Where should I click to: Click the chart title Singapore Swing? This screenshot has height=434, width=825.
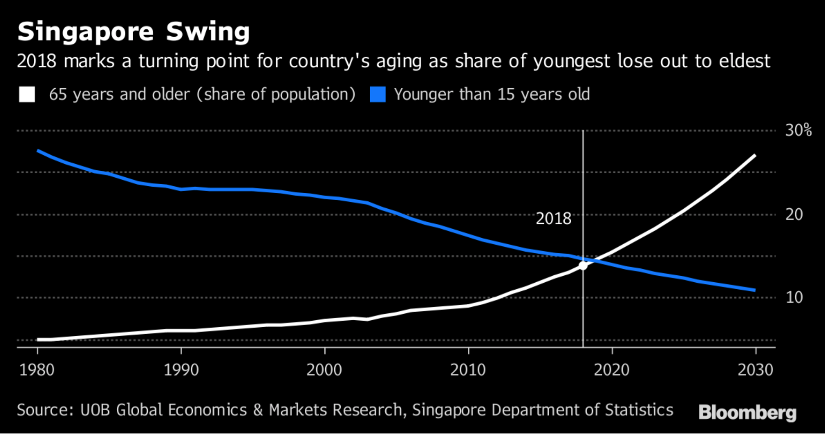[x=134, y=32]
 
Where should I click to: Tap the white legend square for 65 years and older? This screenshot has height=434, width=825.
[x=27, y=94]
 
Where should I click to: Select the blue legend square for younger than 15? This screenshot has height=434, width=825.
[x=377, y=94]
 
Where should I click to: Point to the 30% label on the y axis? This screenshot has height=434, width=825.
[x=798, y=130]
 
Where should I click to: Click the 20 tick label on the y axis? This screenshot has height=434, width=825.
[x=794, y=214]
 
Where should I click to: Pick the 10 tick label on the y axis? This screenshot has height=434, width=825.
[x=794, y=297]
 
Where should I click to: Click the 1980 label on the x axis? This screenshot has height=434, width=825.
[x=37, y=370]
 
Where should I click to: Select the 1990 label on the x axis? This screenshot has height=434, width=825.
[x=181, y=370]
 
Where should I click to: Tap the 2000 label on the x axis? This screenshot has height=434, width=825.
[x=324, y=370]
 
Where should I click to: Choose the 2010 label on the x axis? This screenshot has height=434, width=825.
[x=468, y=370]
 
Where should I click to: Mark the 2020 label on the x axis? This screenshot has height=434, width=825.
[x=612, y=370]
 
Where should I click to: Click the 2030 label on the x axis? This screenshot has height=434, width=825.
[x=755, y=370]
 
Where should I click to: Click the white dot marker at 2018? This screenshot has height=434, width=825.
[x=583, y=265]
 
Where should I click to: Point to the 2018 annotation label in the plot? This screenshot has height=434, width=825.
[x=553, y=219]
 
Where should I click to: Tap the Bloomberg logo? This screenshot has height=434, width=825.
[x=747, y=412]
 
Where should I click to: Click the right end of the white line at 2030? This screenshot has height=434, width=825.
[x=755, y=155]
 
